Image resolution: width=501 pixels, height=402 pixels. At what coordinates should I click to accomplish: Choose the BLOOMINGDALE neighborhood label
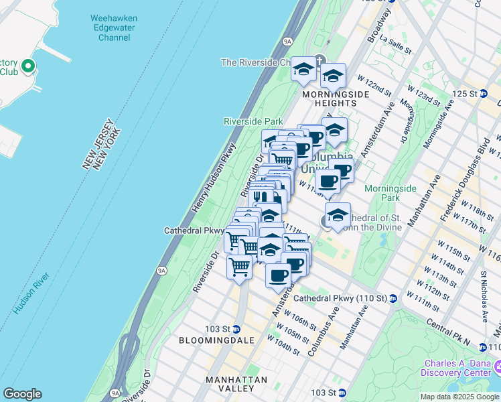click(216, 340)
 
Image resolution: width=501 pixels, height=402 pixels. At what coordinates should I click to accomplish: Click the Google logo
click(22, 394)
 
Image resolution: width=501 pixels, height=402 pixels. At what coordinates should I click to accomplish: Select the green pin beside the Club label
click(27, 66)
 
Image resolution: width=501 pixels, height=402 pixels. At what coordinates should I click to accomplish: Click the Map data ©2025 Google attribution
click(459, 396)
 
